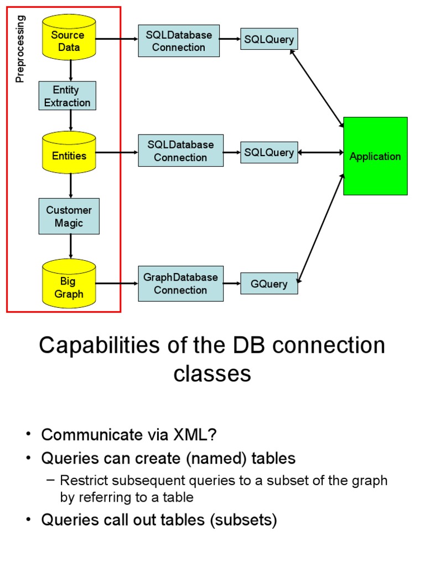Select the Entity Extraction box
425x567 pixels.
coord(68,96)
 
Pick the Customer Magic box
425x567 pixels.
coord(69,217)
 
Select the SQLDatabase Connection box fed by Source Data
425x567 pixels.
coord(179,41)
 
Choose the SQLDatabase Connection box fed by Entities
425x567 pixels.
coord(180,151)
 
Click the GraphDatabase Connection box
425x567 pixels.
coord(180,283)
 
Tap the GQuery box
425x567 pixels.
coord(269,284)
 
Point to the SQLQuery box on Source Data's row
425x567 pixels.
coord(269,39)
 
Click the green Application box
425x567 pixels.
coord(375,156)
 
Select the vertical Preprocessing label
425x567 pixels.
coord(20,49)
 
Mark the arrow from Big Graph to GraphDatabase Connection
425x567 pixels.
coord(117,283)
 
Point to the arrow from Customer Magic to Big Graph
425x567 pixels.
coord(71,246)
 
